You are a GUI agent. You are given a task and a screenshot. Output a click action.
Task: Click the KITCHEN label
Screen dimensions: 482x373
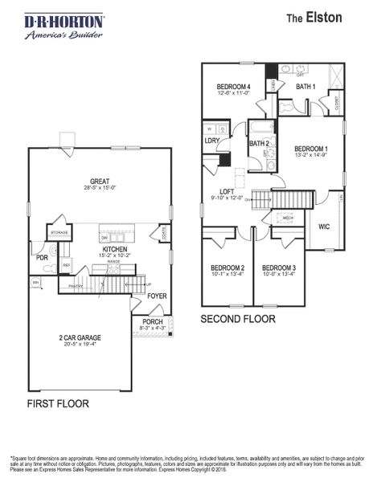coord(116,250)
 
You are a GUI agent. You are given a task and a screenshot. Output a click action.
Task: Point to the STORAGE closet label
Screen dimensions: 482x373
coord(59,233)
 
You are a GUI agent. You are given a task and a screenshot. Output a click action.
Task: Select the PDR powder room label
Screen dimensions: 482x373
coord(42,258)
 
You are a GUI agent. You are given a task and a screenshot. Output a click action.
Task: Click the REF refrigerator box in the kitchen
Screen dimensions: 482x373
coord(67,264)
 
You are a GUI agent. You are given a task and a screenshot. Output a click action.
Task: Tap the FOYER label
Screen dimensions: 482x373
coord(157,296)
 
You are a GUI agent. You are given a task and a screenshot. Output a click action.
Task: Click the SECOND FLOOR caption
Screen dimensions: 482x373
coord(238,319)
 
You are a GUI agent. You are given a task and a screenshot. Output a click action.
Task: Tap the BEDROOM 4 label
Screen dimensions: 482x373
coord(234,87)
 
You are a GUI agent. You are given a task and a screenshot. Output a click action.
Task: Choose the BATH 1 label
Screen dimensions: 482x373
coord(305,86)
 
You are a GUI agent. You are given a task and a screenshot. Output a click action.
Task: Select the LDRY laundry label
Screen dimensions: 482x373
coord(212,141)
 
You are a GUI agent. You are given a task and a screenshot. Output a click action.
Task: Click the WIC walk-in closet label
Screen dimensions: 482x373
coord(325,226)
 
